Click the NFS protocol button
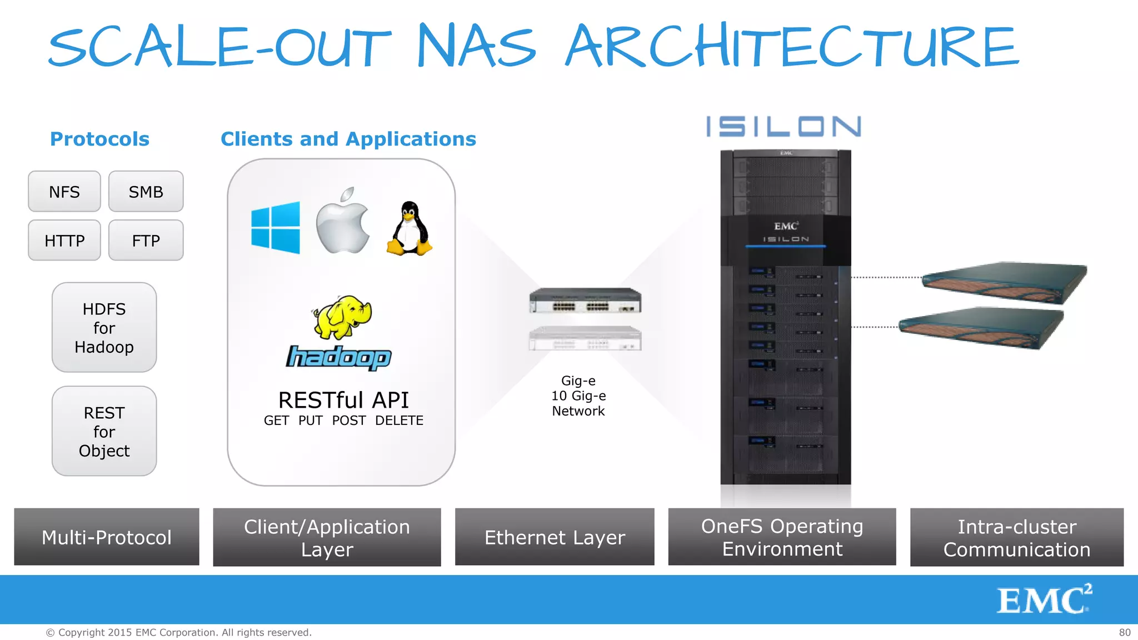click(64, 192)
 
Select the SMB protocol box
click(146, 192)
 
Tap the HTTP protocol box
click(64, 241)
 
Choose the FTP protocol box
click(146, 241)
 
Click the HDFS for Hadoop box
click(104, 328)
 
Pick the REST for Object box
click(104, 432)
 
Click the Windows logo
click(276, 228)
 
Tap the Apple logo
click(343, 222)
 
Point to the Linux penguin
click(410, 229)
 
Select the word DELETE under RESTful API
click(399, 421)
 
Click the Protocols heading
click(99, 139)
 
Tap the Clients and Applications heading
click(348, 139)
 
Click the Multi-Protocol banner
click(107, 537)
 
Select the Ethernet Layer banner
click(555, 537)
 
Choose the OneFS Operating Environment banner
click(782, 537)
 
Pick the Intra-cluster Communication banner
click(1017, 537)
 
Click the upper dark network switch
click(585, 301)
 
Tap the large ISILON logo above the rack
click(783, 127)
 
